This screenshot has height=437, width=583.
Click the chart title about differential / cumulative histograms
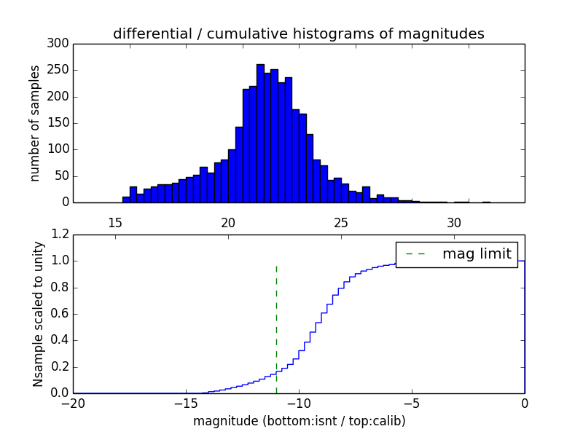[x=298, y=34]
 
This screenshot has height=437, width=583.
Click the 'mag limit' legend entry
[x=457, y=254]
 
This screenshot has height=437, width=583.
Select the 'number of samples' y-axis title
[x=35, y=123]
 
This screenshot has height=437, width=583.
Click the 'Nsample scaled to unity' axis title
[x=38, y=313]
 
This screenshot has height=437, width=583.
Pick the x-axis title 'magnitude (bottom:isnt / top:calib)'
[x=299, y=421]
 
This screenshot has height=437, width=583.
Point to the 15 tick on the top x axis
[x=114, y=222]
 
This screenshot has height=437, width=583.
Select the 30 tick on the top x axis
[x=454, y=222]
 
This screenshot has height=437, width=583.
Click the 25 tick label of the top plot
[x=341, y=222]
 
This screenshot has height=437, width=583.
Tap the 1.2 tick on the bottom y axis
[x=60, y=235]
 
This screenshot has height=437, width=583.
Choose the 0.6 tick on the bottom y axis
[x=60, y=314]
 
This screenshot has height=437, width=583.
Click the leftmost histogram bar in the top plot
[x=126, y=200]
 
